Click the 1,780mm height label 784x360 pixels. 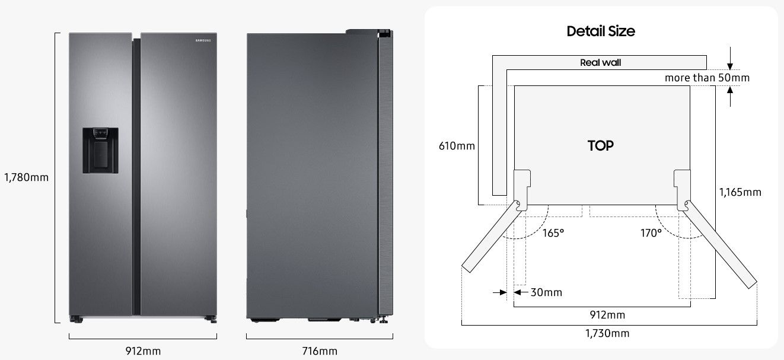[26, 177]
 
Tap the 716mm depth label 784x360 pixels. [319, 351]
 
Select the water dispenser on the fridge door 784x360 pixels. [100, 150]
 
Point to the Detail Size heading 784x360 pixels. [600, 31]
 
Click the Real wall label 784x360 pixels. [600, 62]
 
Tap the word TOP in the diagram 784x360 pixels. [600, 145]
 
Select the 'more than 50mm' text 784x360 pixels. [707, 78]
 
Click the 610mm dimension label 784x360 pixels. [457, 145]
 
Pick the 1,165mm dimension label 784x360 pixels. [740, 192]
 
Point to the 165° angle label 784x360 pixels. [553, 233]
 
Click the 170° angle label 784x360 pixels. [651, 233]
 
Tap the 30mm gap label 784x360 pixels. [546, 292]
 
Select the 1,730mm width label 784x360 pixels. [608, 333]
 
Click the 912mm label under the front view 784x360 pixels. [143, 351]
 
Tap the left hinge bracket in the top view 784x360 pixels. [521, 189]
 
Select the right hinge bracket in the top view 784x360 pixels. [682, 189]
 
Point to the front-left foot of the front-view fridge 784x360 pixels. [76, 320]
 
